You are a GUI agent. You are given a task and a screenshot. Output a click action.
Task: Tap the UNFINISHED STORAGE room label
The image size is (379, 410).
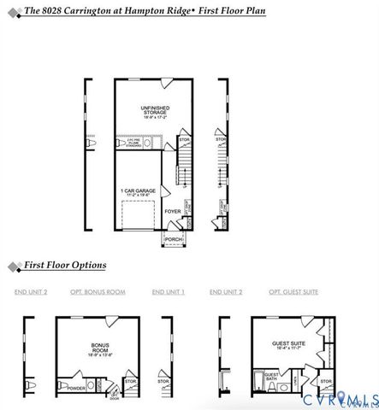(152, 108)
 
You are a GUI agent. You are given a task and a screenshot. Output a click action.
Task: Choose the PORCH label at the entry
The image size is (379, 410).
(173, 238)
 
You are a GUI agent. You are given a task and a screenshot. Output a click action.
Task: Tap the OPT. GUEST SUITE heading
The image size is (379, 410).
(293, 292)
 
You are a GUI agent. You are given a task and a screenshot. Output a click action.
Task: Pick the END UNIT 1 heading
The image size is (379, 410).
(169, 292)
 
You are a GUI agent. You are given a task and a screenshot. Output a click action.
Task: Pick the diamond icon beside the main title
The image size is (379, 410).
(11, 11)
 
